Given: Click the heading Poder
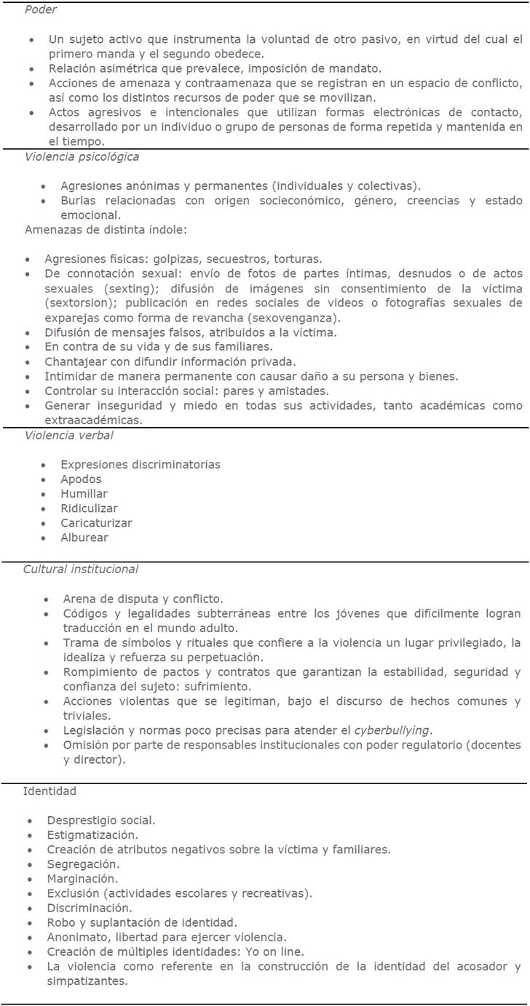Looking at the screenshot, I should [x=41, y=10].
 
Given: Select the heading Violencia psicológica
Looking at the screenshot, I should [x=82, y=156].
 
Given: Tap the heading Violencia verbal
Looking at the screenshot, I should [x=68, y=436].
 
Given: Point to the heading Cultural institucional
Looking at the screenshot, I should [x=80, y=569].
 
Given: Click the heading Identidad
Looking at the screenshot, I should [x=49, y=791].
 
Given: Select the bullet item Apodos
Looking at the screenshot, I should [x=81, y=479].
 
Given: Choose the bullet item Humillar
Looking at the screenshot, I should [x=84, y=494].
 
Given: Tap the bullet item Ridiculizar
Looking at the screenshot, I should [x=89, y=508].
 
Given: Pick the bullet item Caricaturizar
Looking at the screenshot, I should [x=96, y=523].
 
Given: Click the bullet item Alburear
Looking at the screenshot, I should [x=84, y=538].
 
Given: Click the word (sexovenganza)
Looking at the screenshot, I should [x=287, y=318].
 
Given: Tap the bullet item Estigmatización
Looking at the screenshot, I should [x=92, y=835].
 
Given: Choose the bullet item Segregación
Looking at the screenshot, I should [x=83, y=864].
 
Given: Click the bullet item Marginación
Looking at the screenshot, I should [x=82, y=879].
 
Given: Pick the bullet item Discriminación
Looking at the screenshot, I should [x=90, y=908].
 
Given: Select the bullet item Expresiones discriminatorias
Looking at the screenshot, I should [x=140, y=465].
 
